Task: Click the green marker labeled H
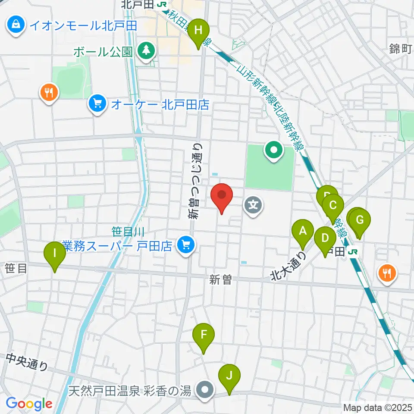198,31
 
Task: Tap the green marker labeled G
360,221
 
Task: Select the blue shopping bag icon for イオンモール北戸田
16,25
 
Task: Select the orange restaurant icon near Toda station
386,273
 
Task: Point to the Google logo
29,404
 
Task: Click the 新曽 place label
221,280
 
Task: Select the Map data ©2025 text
378,407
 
